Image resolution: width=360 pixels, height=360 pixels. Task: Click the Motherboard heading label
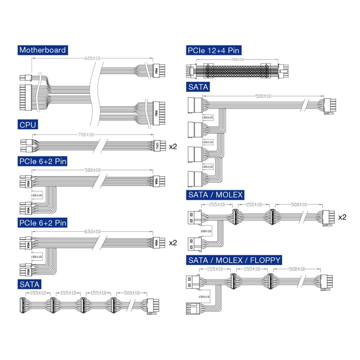coord(43,50)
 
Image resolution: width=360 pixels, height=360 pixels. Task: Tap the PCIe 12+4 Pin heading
coord(212,50)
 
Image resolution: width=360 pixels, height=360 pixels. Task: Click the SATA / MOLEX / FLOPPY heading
coord(234,260)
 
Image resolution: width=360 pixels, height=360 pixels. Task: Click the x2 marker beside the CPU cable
coord(173,146)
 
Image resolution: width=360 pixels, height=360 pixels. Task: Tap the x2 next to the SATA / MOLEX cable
coord(342,217)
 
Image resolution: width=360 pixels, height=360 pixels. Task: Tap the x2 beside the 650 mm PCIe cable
coord(173,243)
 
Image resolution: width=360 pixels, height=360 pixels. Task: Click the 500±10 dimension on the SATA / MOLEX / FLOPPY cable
coord(296,269)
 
